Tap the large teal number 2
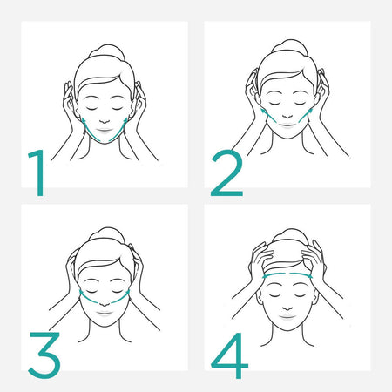point(226,175)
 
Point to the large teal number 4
point(227,353)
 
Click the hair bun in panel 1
point(103,51)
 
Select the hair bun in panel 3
point(103,234)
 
